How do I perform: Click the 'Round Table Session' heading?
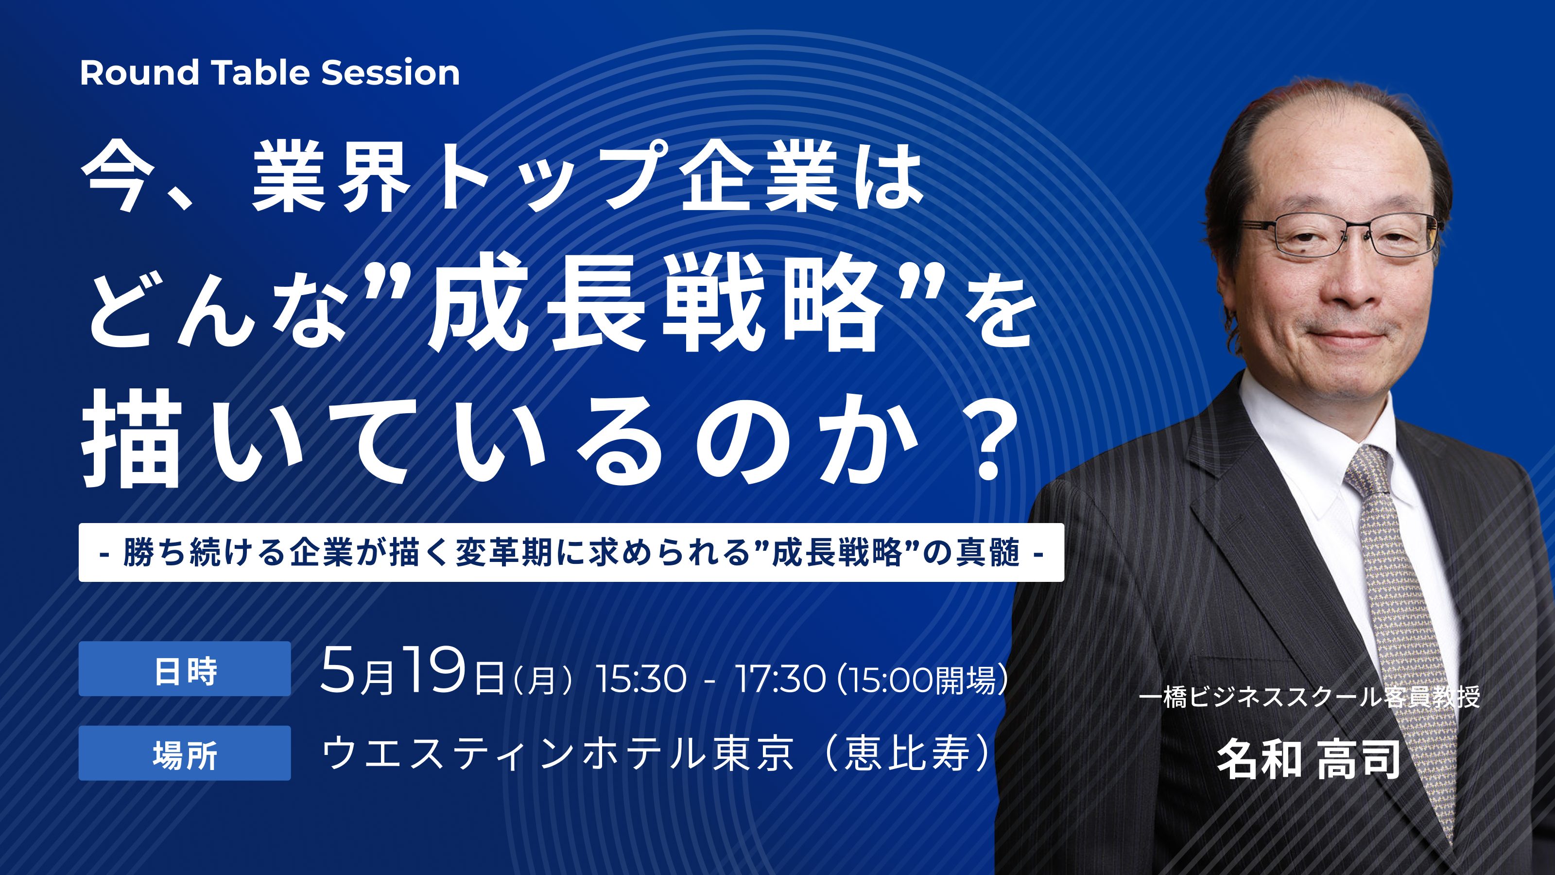click(270, 72)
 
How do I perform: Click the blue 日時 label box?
click(185, 668)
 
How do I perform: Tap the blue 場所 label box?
click(185, 753)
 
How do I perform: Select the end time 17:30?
click(780, 680)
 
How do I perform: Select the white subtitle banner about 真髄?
click(571, 553)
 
